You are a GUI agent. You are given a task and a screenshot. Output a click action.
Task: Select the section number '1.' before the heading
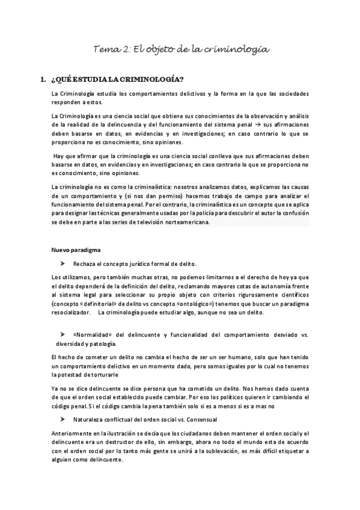click(41, 79)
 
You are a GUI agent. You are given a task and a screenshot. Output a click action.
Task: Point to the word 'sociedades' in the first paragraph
click(290, 94)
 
